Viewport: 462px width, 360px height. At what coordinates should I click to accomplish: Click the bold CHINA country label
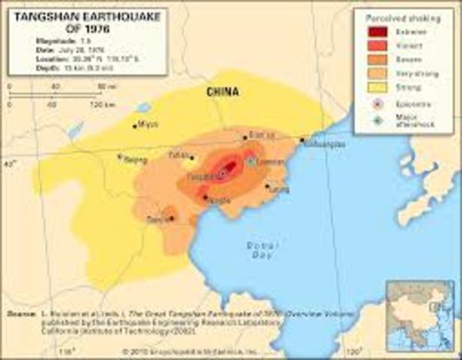(223, 92)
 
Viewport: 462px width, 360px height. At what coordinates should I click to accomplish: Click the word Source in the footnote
(20, 313)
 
